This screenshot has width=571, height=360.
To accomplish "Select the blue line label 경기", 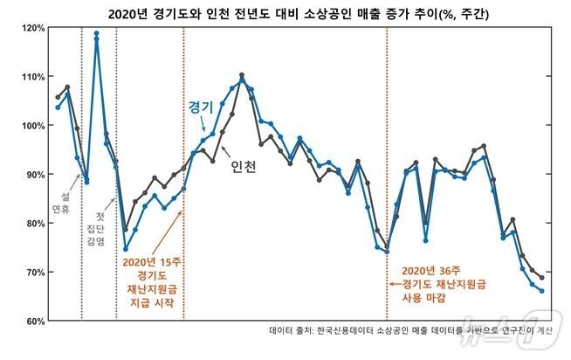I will click(x=201, y=107).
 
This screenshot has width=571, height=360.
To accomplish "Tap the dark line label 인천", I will click(x=244, y=167).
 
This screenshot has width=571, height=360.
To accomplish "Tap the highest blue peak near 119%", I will click(x=96, y=33).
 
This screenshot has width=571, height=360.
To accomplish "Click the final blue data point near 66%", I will click(x=542, y=291).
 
